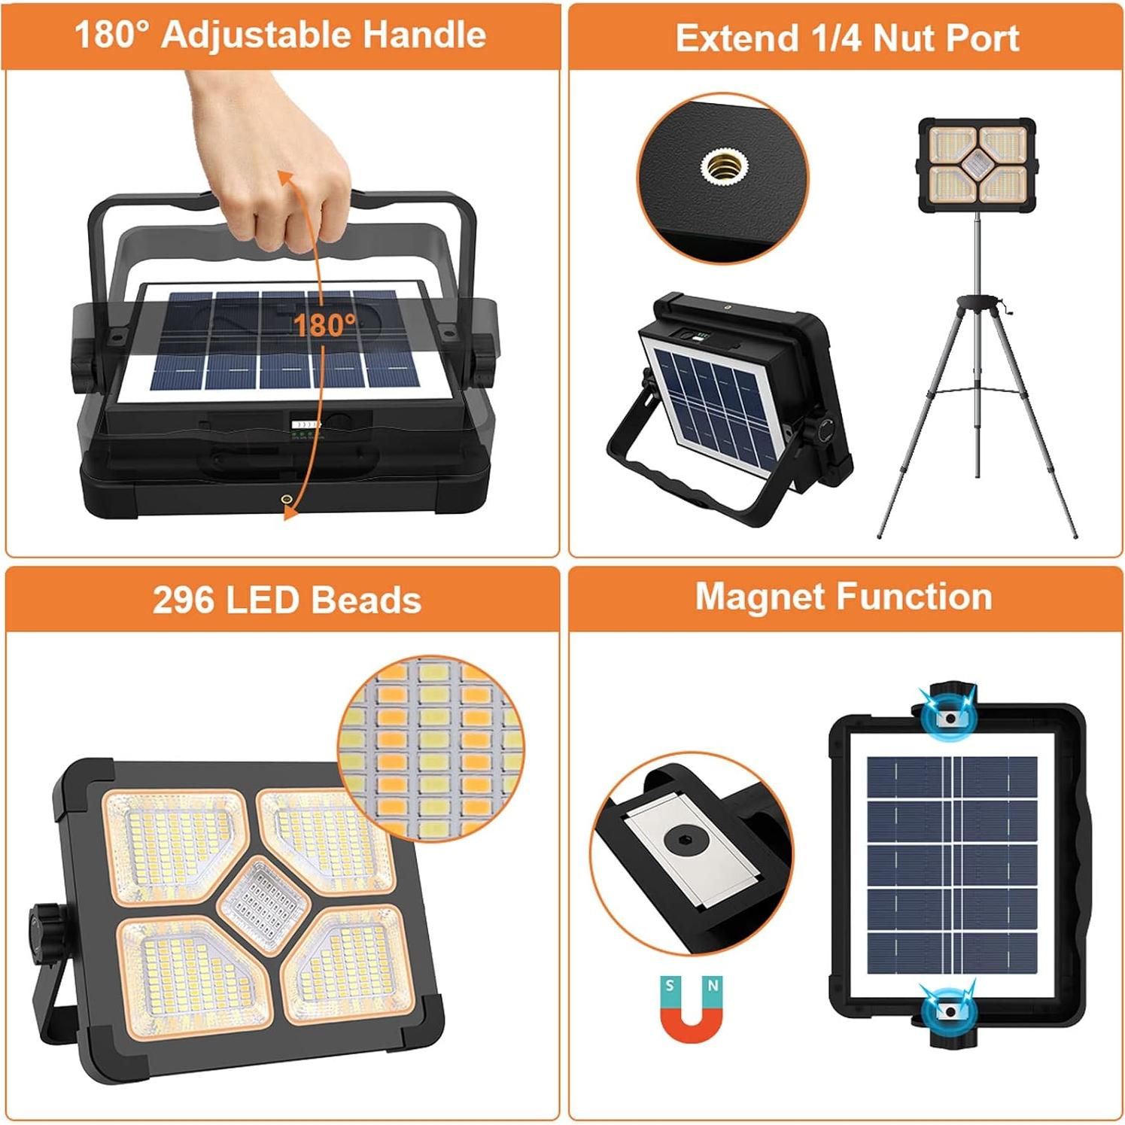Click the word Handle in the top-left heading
coord(424,35)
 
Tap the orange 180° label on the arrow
coord(324,325)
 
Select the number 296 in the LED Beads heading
coord(182,601)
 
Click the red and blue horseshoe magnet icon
coord(691,1008)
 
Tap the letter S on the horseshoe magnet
coord(670,985)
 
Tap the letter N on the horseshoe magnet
coord(713,985)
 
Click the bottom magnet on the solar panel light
coord(950,1011)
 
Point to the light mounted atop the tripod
coord(977,164)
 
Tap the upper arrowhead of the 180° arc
coord(284,178)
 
